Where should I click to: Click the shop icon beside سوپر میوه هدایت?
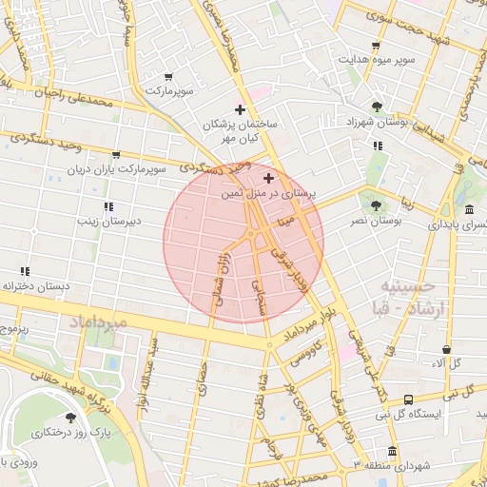pos(376,45)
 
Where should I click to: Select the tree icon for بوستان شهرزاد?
pos(378,107)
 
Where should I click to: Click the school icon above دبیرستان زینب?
pos(108,205)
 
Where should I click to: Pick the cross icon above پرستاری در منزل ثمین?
pos(269,178)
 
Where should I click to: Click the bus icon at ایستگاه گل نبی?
pos(407,399)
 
